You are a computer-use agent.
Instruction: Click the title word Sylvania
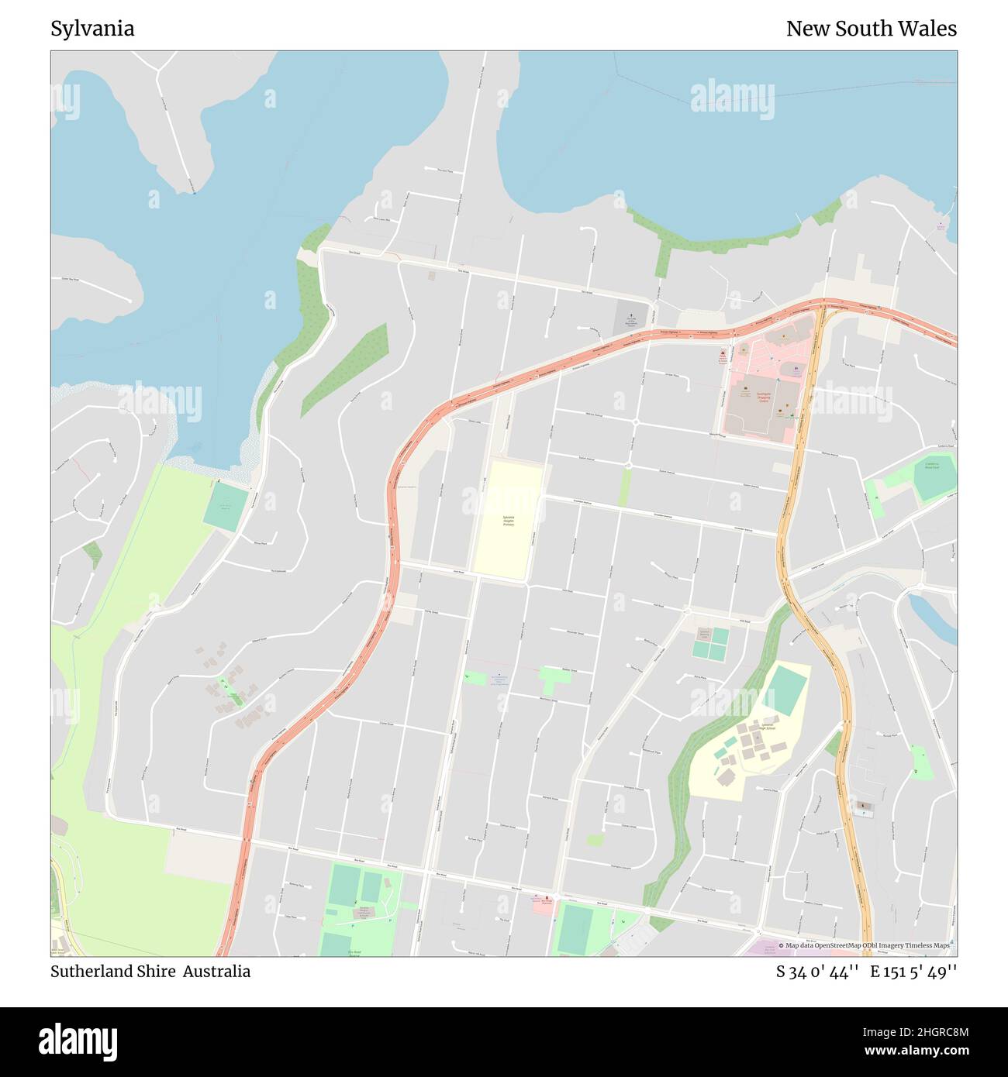tap(92, 29)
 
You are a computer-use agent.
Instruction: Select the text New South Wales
tap(871, 29)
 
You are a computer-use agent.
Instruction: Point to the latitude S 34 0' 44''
tap(816, 972)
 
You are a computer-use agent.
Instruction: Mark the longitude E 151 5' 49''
tap(913, 972)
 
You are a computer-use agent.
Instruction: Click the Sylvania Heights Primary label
tap(509, 521)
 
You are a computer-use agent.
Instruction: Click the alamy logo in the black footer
tap(79, 1041)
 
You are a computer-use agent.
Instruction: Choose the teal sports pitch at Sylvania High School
tap(788, 691)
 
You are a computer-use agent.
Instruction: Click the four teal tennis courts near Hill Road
tap(710, 643)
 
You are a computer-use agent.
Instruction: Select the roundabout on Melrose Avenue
tap(635, 422)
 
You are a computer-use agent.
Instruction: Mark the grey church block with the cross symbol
tap(630, 318)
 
